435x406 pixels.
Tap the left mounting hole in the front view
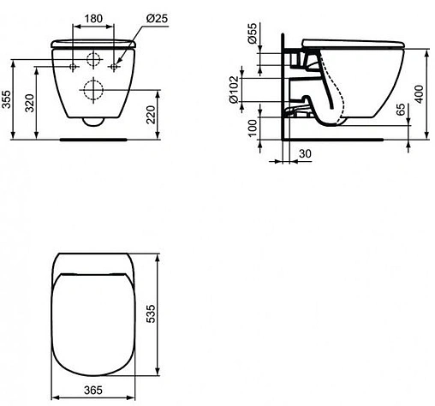click(x=74, y=65)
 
